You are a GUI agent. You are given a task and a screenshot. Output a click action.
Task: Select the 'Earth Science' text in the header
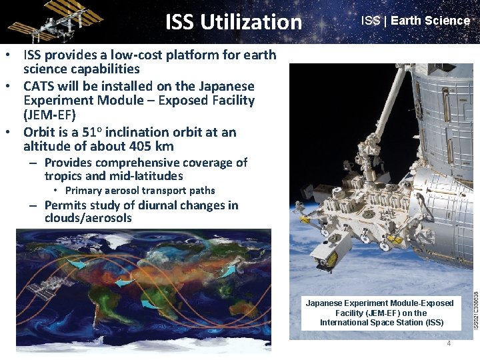[430, 21]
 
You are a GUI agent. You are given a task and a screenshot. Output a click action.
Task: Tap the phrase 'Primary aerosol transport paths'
[139, 191]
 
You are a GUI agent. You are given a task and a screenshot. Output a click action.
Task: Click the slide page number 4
[449, 343]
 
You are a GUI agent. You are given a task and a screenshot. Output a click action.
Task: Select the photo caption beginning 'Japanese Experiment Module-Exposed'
[379, 313]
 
